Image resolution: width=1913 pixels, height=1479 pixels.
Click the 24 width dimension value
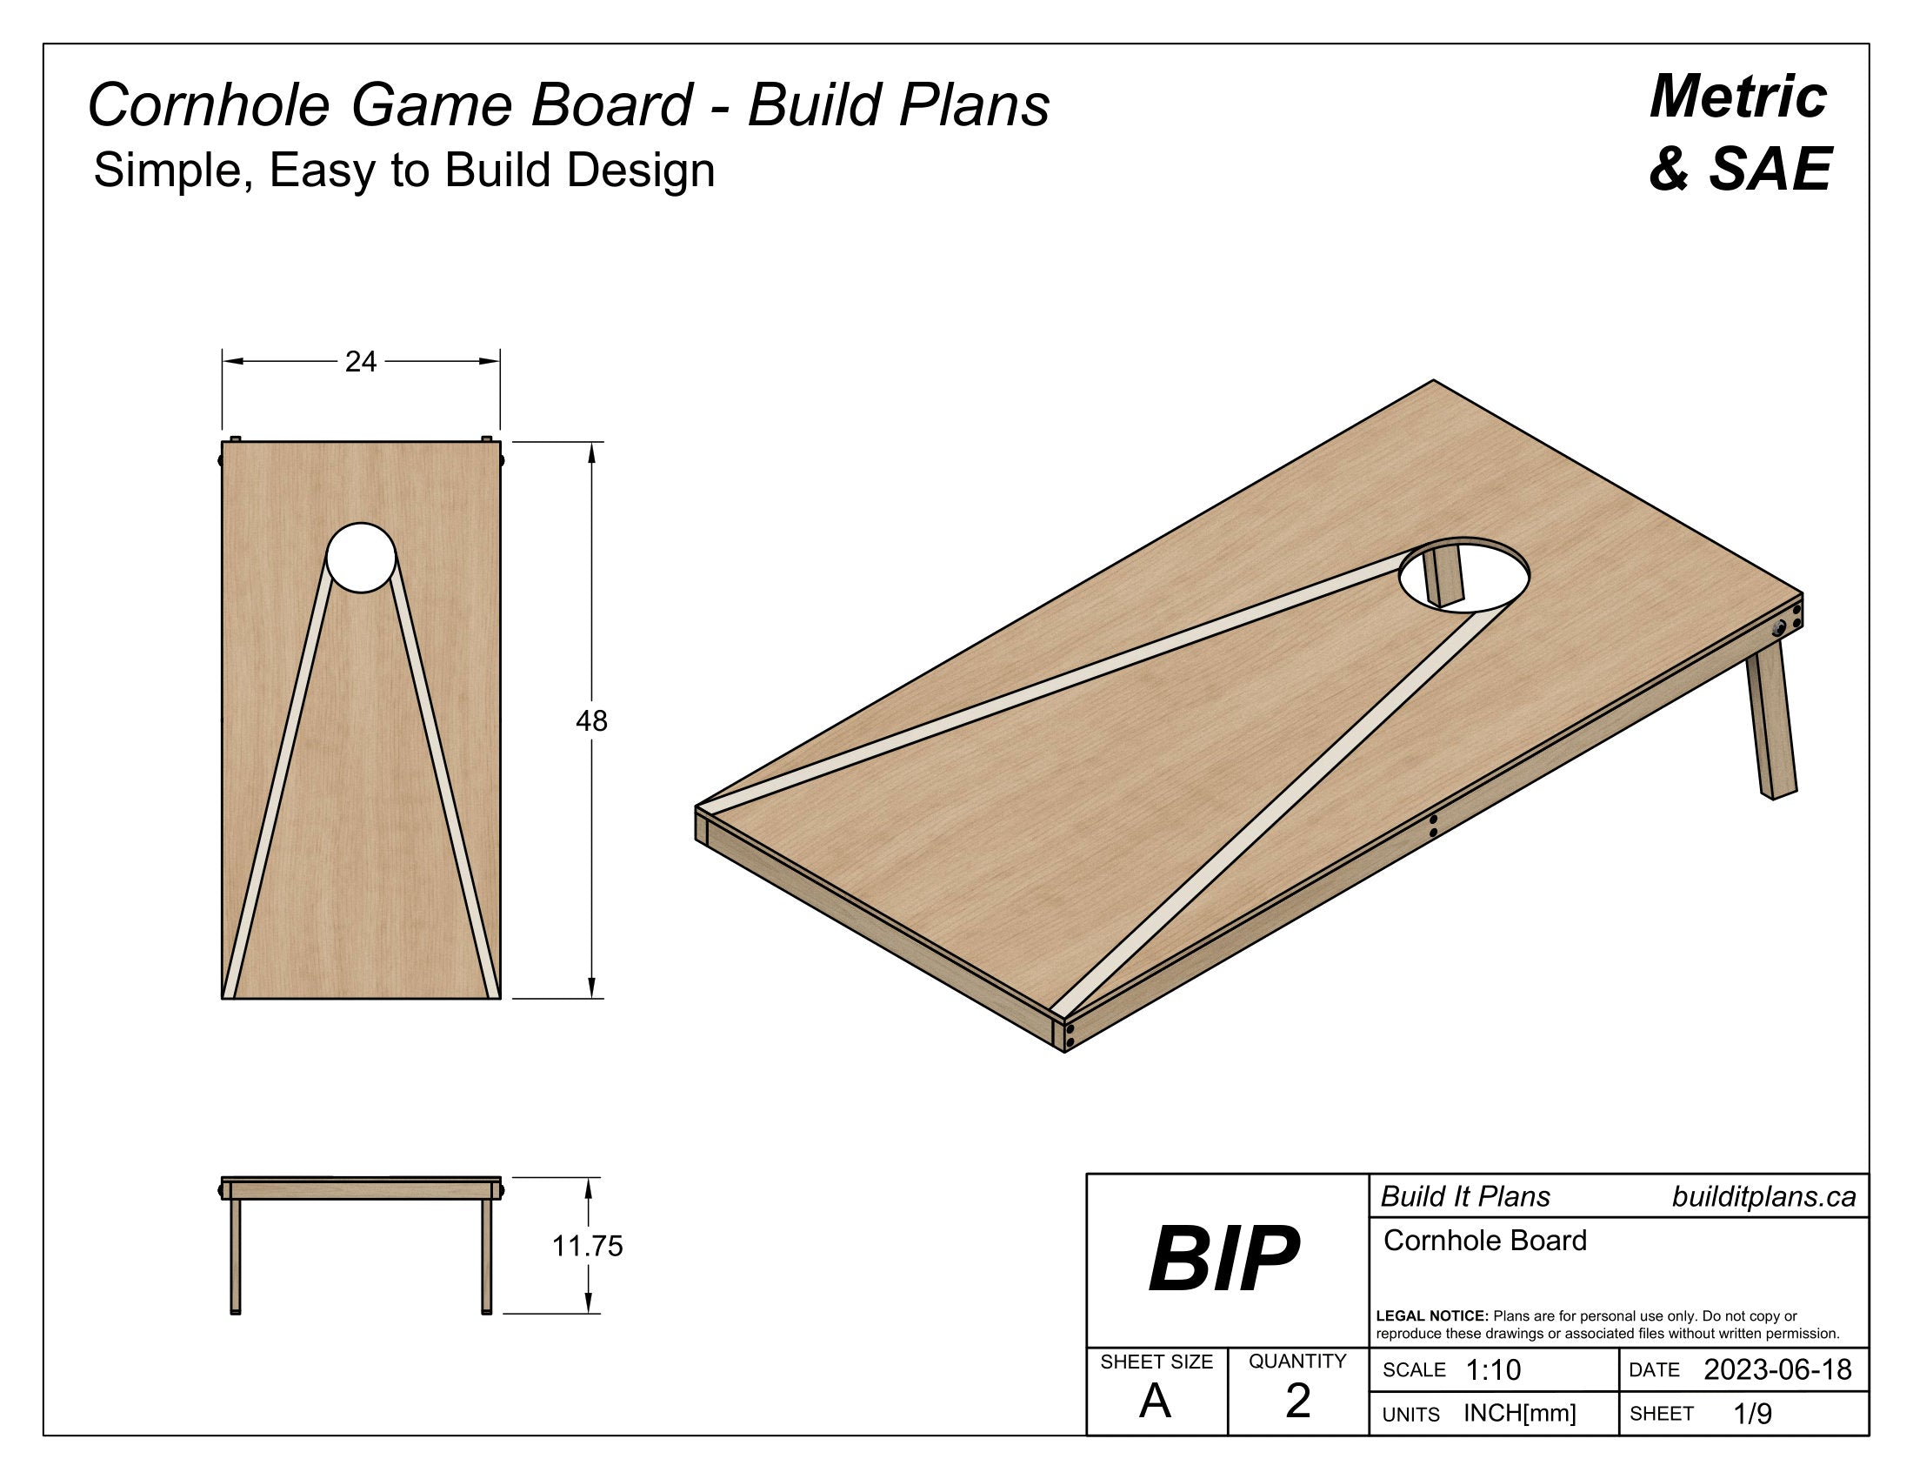point(360,361)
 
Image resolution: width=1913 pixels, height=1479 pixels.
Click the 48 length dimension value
point(591,720)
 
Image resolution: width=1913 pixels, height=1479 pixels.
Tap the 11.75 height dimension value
point(587,1245)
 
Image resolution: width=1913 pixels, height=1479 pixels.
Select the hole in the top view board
point(361,558)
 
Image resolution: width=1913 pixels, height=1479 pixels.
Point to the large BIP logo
point(1223,1259)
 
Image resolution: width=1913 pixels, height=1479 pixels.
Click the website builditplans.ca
point(1763,1197)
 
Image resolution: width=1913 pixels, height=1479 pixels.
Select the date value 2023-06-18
point(1777,1369)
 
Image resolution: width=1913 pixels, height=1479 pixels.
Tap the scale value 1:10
point(1493,1369)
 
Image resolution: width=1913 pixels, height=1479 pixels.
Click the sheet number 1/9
point(1753,1413)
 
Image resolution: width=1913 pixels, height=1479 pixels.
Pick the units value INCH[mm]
point(1520,1413)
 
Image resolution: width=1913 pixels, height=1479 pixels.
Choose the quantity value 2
point(1297,1400)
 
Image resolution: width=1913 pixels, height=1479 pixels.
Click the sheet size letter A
point(1156,1401)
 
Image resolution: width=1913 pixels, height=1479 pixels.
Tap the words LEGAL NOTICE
point(1432,1315)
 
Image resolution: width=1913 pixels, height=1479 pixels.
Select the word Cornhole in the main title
point(209,105)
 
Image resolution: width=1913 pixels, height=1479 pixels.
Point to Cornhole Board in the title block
point(1484,1241)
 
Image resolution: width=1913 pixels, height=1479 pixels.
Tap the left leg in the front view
point(235,1255)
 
